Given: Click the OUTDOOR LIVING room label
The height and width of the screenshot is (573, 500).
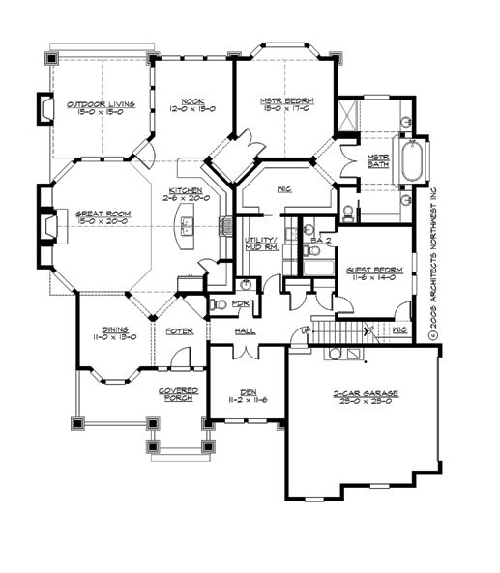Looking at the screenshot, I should [x=101, y=103].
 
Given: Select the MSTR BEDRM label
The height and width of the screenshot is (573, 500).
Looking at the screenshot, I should [x=283, y=100].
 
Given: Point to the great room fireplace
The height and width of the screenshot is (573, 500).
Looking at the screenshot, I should [x=47, y=228].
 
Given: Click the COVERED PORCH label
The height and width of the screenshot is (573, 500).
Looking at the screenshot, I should [x=179, y=393].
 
